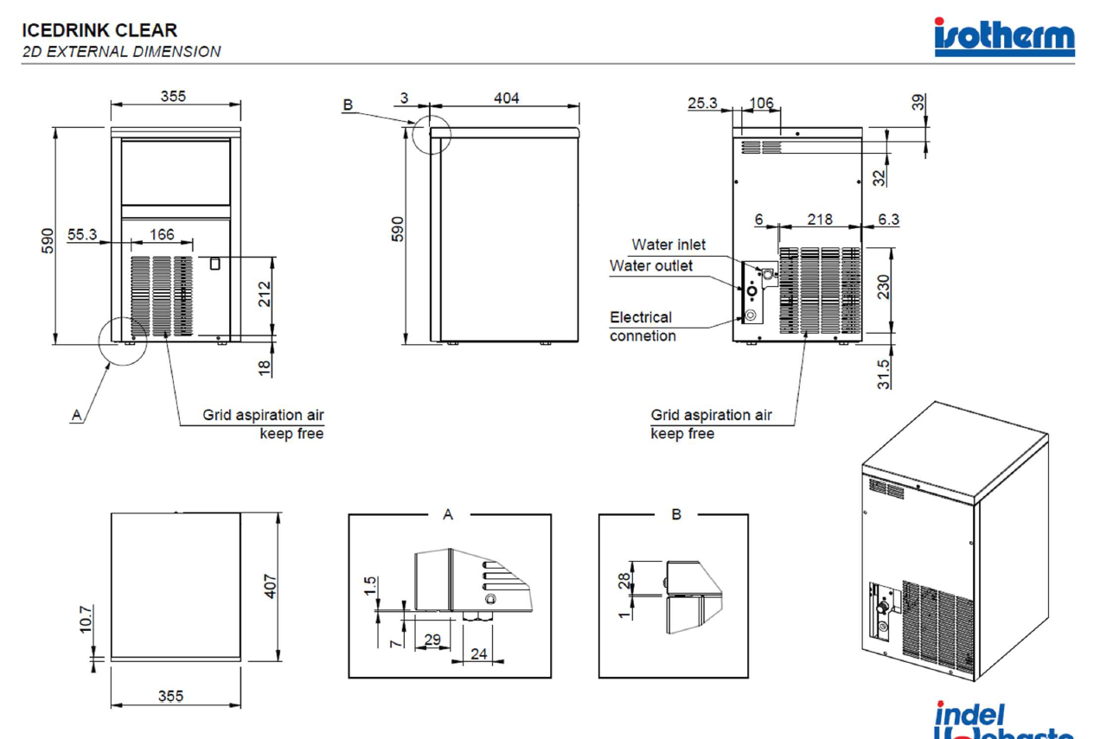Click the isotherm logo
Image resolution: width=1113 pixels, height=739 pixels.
click(x=1004, y=37)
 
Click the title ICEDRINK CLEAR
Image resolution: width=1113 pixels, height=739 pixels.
click(x=100, y=31)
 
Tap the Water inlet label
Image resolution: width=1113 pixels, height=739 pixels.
click(x=668, y=245)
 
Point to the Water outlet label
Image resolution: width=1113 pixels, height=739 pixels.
click(x=650, y=265)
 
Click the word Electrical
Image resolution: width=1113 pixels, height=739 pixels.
click(x=640, y=317)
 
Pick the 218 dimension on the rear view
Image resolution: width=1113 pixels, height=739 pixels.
click(x=820, y=219)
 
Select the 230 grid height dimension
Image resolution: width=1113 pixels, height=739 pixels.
click(x=883, y=287)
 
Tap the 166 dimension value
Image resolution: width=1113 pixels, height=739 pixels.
click(x=162, y=234)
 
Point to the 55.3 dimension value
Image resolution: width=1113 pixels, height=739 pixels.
click(x=82, y=234)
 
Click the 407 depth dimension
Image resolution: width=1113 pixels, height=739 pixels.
click(x=271, y=586)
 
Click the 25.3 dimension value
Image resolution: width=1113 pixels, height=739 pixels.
click(x=703, y=104)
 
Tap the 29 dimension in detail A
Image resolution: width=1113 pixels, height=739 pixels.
click(x=433, y=640)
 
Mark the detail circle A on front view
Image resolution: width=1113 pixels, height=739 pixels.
click(x=123, y=341)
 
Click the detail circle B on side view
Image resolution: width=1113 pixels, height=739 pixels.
click(x=432, y=134)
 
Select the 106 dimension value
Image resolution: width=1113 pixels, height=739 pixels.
click(x=761, y=104)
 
